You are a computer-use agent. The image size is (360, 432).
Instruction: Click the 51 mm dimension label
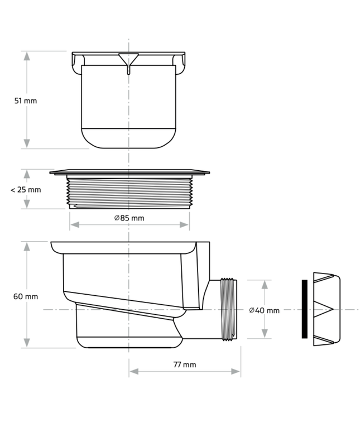[x=26, y=100]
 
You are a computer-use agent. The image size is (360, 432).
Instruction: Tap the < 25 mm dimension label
[x=26, y=190]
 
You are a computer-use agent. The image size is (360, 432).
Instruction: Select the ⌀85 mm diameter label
[x=129, y=218]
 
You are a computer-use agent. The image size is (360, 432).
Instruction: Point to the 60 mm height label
[x=26, y=296]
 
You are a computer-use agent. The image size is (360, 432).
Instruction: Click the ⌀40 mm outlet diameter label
[x=264, y=310]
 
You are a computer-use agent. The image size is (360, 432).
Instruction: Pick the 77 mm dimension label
[x=184, y=364]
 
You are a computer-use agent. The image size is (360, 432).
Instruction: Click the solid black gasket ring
[x=304, y=309]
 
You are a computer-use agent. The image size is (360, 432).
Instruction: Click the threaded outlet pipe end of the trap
[x=229, y=309]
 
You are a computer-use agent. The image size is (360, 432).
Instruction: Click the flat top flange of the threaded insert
[x=129, y=172]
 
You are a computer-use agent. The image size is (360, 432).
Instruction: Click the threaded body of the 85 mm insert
[x=129, y=190]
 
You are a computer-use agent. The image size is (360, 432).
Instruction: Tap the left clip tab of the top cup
[x=76, y=66]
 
